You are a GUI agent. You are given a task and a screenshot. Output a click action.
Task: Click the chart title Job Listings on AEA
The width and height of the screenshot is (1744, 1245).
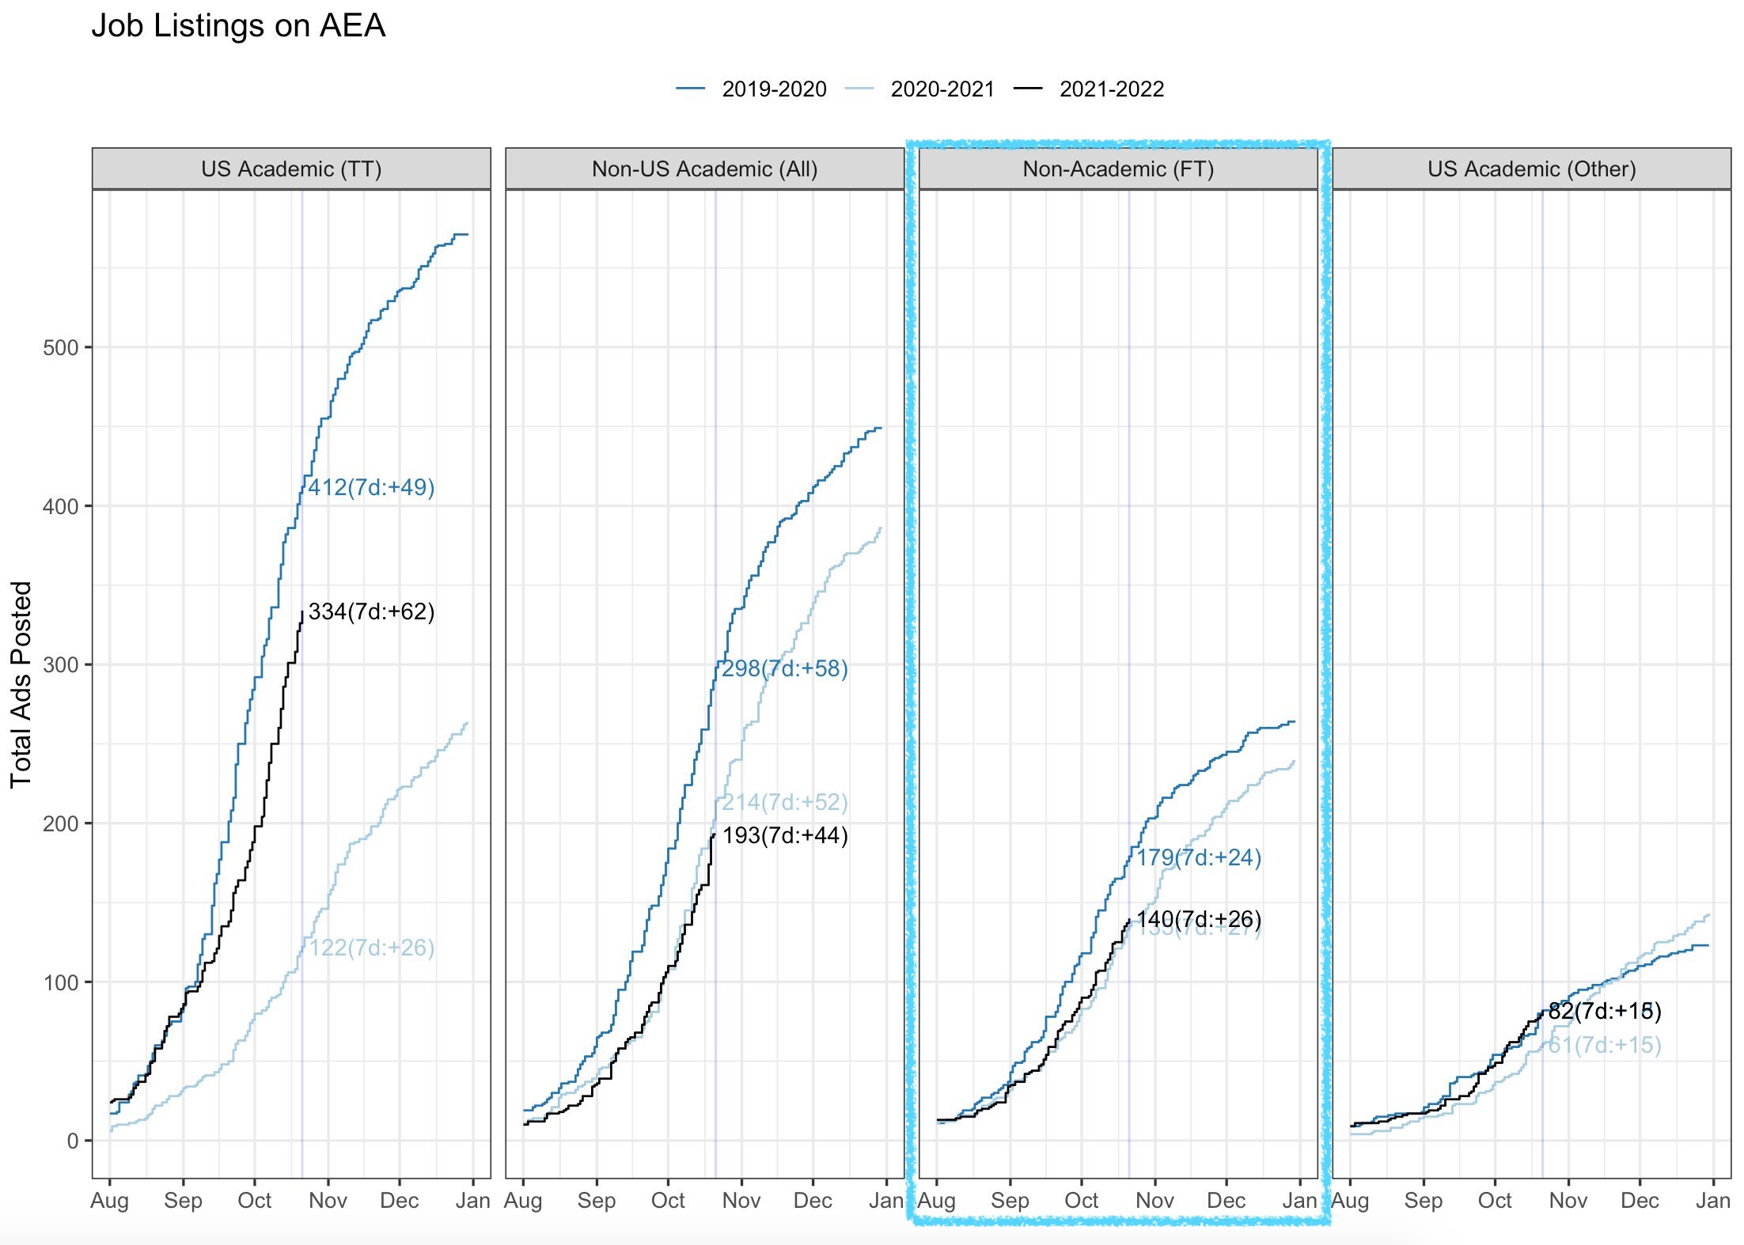tap(238, 26)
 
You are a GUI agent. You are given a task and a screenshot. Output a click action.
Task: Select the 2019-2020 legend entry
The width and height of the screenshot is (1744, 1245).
tap(773, 89)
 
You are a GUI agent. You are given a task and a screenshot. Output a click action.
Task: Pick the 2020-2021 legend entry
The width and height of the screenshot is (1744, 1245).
tap(942, 89)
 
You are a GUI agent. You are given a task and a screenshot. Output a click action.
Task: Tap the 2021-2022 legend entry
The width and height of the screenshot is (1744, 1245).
tap(1111, 89)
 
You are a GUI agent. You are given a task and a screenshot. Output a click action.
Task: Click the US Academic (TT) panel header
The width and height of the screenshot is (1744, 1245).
tap(291, 169)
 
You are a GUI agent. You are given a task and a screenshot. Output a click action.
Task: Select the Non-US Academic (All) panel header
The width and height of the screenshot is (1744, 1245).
tap(704, 169)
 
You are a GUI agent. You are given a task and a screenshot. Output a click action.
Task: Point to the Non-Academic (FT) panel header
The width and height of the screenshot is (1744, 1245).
tap(1118, 169)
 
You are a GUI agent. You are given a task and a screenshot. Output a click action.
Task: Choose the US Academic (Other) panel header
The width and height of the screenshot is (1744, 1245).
tap(1531, 169)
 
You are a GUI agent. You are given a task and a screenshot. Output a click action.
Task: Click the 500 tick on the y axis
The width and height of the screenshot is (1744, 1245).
tap(60, 348)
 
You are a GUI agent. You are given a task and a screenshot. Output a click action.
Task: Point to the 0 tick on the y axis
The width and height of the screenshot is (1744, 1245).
tap(73, 1141)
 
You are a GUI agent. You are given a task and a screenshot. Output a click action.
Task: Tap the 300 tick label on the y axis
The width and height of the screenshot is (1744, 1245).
tap(60, 665)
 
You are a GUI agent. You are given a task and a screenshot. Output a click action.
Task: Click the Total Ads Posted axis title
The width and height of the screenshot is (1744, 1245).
tap(21, 684)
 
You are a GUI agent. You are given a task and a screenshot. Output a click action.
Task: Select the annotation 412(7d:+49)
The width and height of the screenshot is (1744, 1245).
tap(371, 487)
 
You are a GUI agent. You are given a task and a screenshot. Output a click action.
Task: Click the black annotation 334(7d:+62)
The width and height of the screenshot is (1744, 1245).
tap(371, 611)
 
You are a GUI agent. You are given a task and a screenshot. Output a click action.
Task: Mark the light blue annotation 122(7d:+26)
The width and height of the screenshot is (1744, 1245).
tap(371, 948)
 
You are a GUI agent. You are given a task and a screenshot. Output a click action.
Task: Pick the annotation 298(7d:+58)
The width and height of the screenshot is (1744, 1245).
tap(784, 668)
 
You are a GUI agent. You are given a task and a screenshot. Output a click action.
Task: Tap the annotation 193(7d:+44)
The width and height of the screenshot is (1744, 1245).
tap(784, 835)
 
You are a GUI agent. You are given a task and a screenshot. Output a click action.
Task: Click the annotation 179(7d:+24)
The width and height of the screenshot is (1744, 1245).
tap(1199, 857)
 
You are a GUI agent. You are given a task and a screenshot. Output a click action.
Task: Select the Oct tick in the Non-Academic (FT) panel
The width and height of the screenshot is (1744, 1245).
tap(1081, 1201)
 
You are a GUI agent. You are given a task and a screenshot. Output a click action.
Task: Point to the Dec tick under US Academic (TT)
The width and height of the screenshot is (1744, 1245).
tap(399, 1201)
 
